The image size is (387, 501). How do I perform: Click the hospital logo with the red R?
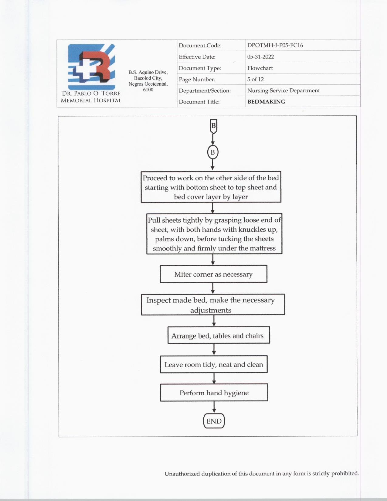91,67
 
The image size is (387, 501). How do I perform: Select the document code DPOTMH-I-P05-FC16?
275,45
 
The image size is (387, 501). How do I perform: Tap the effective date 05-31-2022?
260,57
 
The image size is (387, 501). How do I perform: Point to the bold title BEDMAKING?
266,102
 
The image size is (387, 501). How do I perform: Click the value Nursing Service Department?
283,90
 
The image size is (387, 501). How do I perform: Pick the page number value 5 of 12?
255,79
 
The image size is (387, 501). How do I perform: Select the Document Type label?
200,68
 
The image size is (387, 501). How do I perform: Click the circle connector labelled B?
212,152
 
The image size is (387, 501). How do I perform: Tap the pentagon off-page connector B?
213,126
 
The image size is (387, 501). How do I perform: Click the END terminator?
214,421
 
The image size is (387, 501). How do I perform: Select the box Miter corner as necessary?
213,274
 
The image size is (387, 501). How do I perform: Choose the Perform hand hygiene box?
214,393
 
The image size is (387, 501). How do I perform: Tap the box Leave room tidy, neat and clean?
214,364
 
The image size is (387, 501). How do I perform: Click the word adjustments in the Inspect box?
211,310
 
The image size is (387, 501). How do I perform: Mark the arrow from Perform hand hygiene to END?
214,407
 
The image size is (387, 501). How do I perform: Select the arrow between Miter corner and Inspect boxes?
213,288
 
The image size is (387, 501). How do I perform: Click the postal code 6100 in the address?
148,90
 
